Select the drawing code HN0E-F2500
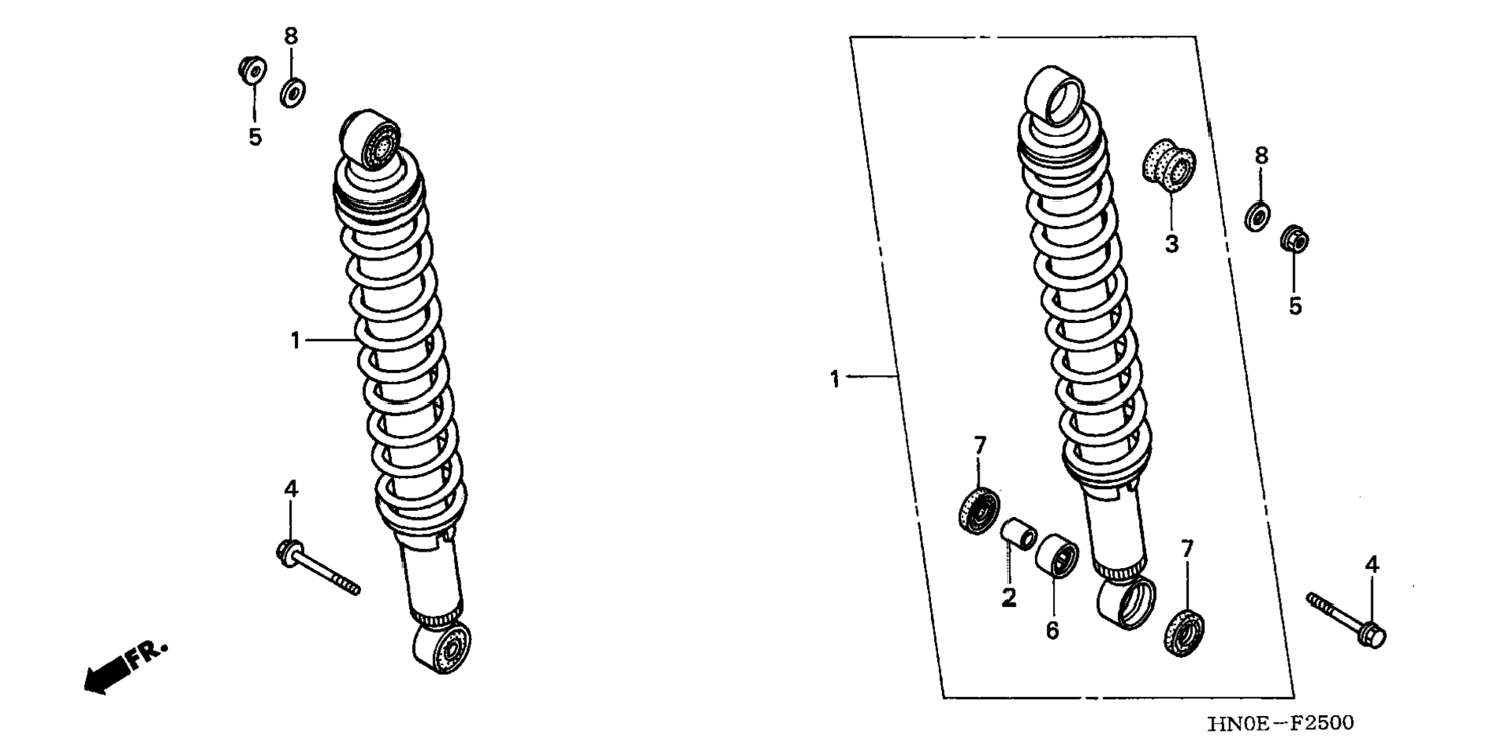click(1280, 724)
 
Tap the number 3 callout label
click(1171, 244)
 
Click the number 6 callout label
click(1052, 630)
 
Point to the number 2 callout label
click(1009, 598)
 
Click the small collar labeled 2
click(1019, 538)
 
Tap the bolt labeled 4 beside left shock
click(317, 567)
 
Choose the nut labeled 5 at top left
click(253, 70)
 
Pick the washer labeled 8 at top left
click(293, 92)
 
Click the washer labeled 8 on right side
click(1257, 216)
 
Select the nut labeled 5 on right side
click(1294, 239)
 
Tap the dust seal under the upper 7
click(978, 509)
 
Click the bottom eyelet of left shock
click(442, 647)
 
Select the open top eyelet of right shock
click(1055, 95)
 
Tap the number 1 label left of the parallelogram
click(834, 380)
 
